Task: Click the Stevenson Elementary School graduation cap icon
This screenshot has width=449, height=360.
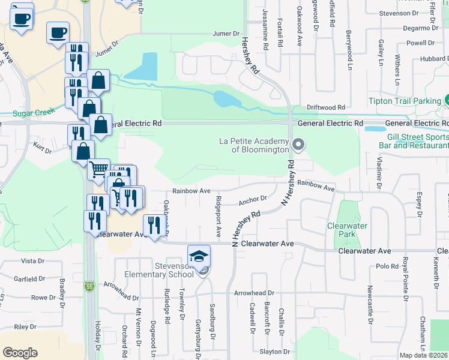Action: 199,256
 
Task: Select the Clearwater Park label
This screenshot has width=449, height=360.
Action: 346,230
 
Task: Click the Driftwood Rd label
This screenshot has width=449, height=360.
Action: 325,107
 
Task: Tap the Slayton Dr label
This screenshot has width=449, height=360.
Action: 275,352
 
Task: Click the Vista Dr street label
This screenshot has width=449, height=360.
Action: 33,261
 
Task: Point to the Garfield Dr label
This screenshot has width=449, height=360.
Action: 30,279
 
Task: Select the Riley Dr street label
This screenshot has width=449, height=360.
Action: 25,327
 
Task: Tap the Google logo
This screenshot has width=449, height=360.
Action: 20,353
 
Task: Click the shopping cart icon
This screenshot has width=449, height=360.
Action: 99,169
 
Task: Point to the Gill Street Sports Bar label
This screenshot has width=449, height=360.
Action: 414,141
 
